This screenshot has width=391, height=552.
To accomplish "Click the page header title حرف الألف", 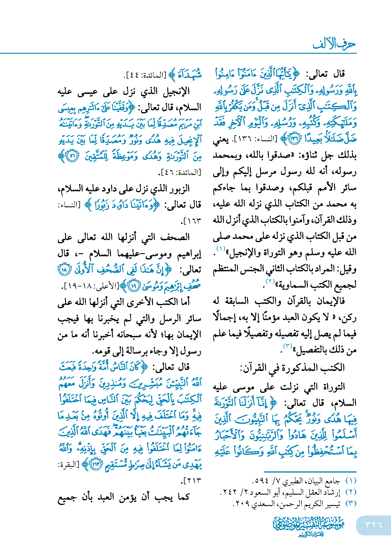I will click(x=334, y=44).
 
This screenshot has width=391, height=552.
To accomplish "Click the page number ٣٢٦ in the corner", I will click(x=373, y=525).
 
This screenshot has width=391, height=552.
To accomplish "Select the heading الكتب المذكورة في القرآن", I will click(x=292, y=367).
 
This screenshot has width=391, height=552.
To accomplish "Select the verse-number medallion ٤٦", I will click(x=72, y=156).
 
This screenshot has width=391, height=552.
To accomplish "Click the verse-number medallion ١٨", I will click(x=64, y=269).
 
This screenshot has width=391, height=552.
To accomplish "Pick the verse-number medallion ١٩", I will click(x=134, y=286).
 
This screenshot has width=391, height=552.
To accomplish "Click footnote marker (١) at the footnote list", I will click(x=351, y=481).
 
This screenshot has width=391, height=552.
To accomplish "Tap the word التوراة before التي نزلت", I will click(x=333, y=387).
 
